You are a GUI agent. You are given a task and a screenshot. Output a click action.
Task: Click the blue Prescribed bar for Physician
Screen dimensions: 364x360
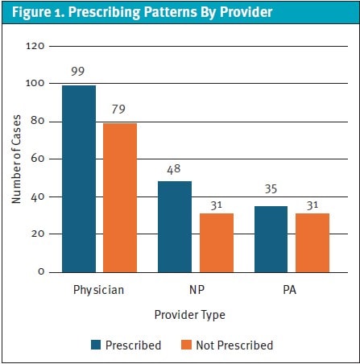click(x=80, y=178)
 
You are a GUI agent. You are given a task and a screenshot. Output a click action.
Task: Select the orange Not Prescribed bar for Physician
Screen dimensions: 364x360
click(x=119, y=197)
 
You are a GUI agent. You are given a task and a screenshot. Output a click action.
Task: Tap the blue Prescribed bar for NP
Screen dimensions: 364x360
click(x=175, y=226)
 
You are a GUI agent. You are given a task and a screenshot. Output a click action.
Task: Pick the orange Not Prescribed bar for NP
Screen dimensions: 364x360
click(x=215, y=242)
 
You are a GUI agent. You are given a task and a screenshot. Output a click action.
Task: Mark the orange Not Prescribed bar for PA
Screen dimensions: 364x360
click(x=311, y=242)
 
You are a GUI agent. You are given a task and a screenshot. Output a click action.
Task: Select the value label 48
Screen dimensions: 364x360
click(x=175, y=169)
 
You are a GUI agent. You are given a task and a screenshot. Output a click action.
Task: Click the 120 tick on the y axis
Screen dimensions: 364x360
click(x=34, y=46)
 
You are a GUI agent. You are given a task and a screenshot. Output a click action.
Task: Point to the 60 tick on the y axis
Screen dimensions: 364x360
click(x=37, y=159)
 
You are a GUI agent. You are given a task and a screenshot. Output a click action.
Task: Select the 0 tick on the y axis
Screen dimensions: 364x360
click(x=40, y=272)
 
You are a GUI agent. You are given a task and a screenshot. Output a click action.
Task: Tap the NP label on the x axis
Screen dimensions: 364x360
click(x=195, y=288)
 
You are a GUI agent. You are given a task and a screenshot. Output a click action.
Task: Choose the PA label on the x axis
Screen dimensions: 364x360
click(x=291, y=288)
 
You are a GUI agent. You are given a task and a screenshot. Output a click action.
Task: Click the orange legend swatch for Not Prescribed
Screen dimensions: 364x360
click(x=185, y=345)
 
